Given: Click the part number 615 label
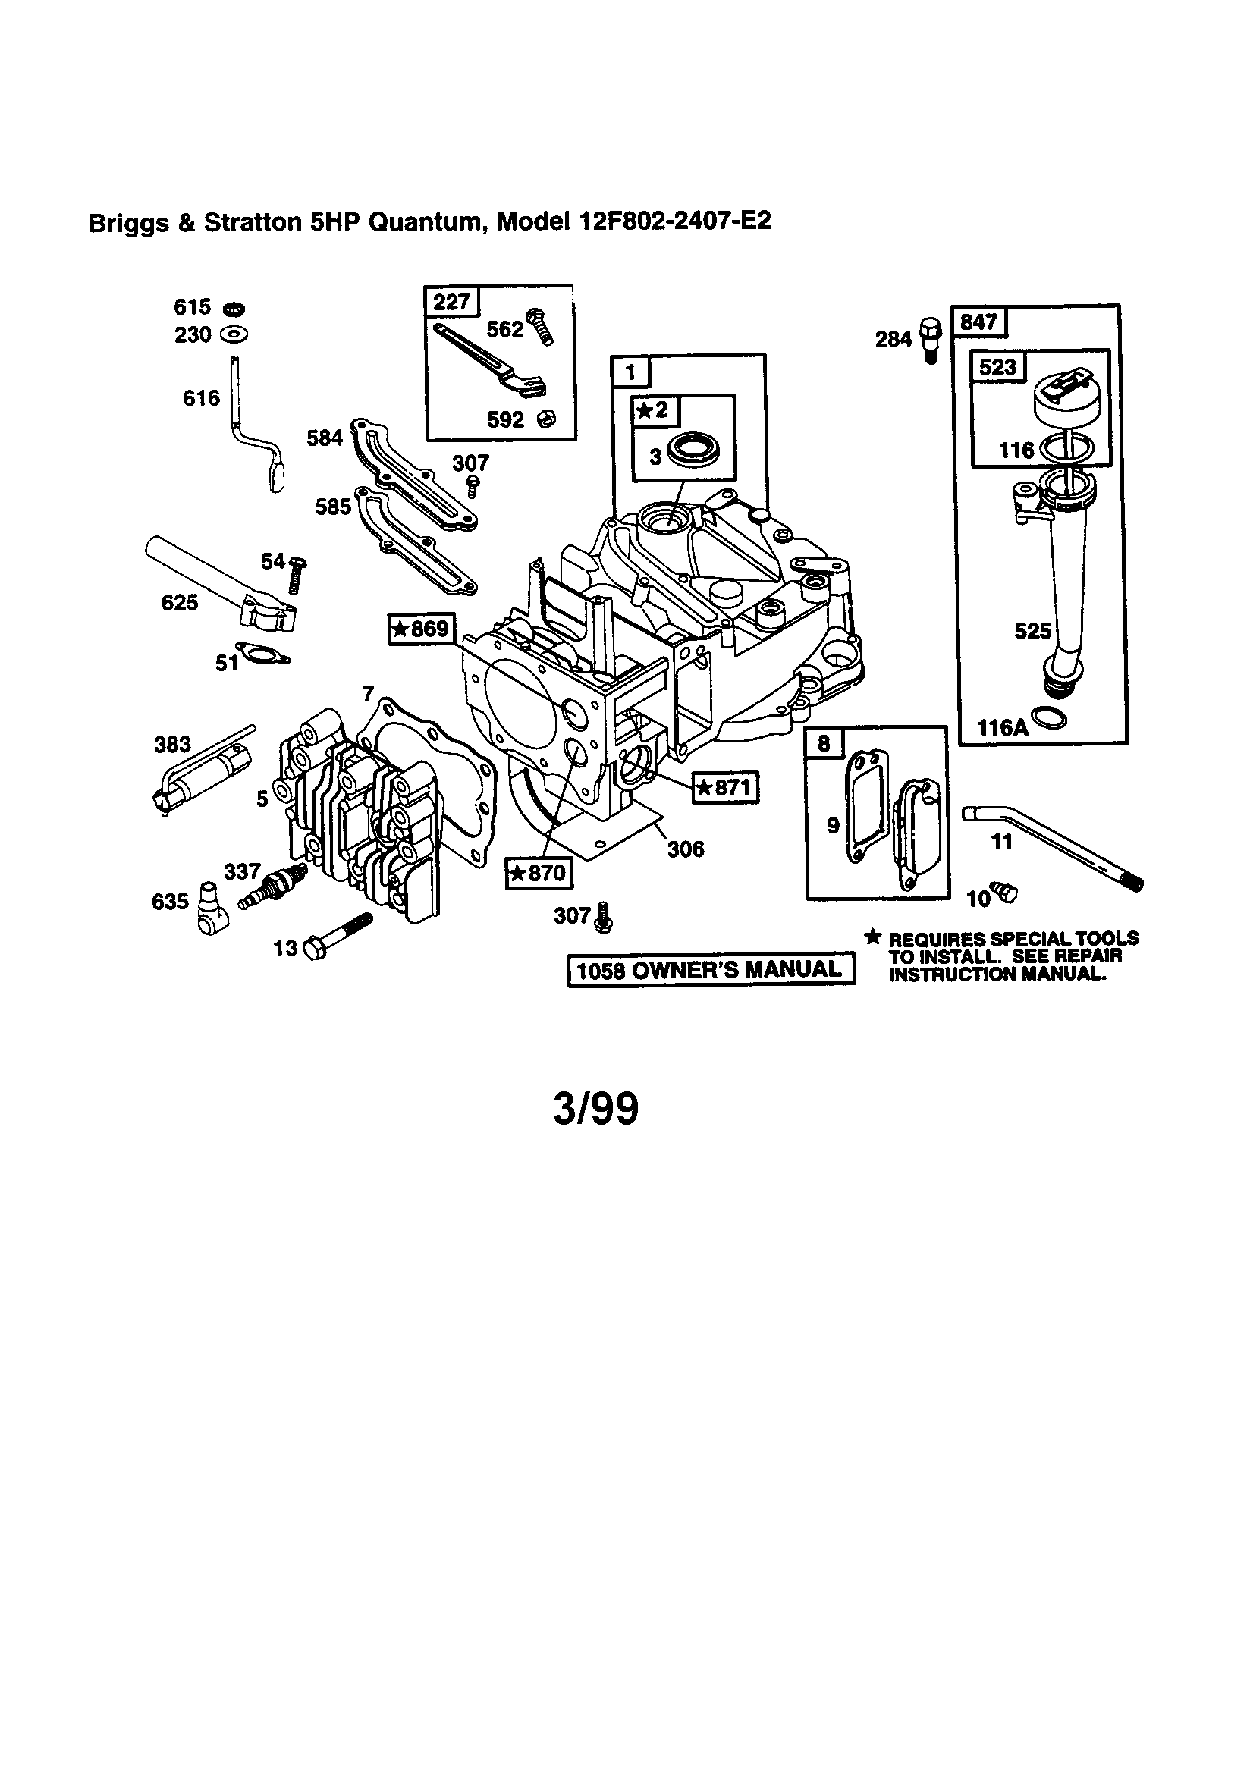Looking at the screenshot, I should pyautogui.click(x=192, y=307).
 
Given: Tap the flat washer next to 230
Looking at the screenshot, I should pyautogui.click(x=234, y=335).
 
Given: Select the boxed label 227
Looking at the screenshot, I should pyautogui.click(x=452, y=301).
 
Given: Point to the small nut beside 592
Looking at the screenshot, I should pyautogui.click(x=546, y=419).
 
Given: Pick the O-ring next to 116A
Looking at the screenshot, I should pyautogui.click(x=1050, y=717).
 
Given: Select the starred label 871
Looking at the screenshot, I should pyautogui.click(x=724, y=787).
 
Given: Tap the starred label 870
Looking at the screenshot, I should pyautogui.click(x=539, y=874).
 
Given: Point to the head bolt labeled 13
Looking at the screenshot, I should pyautogui.click(x=337, y=935).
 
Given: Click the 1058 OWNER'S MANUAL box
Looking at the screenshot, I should pyautogui.click(x=711, y=969).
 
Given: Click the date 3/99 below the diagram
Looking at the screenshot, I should pyautogui.click(x=595, y=1109).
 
